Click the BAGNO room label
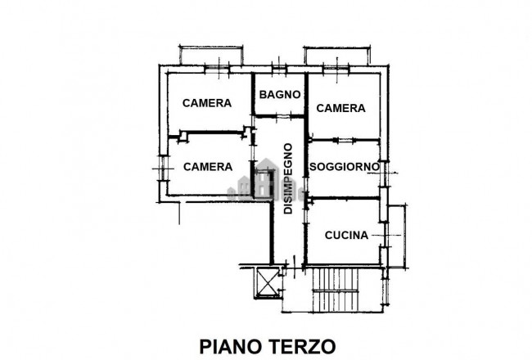280,94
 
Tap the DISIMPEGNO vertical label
288,178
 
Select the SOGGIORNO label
344,167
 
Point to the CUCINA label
346,235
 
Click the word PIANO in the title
232,346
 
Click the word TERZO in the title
303,346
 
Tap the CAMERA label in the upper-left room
207,103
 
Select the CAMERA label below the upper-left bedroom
208,167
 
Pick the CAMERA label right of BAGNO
340,108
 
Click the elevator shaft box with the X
268,282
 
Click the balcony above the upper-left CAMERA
211,54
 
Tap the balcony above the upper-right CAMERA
337,55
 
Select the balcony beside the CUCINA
397,236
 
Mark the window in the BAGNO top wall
279,70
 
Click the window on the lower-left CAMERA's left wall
163,169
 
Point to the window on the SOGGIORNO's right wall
384,173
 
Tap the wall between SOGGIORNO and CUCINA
344,198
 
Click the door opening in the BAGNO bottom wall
280,117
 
